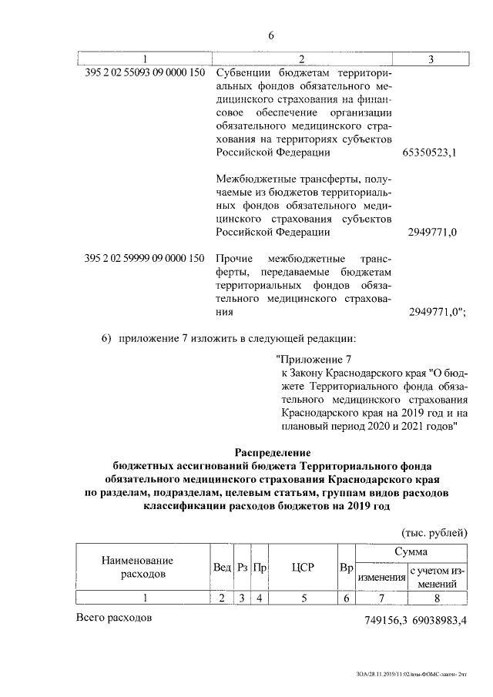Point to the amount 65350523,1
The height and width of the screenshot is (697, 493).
[430, 152]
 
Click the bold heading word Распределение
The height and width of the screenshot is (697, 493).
[271, 451]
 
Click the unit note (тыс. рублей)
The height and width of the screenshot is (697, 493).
[434, 532]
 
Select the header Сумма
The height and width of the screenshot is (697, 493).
[411, 553]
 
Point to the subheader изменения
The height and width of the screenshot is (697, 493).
[381, 578]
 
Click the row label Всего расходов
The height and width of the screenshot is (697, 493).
[115, 618]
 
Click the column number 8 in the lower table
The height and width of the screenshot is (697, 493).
[438, 598]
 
